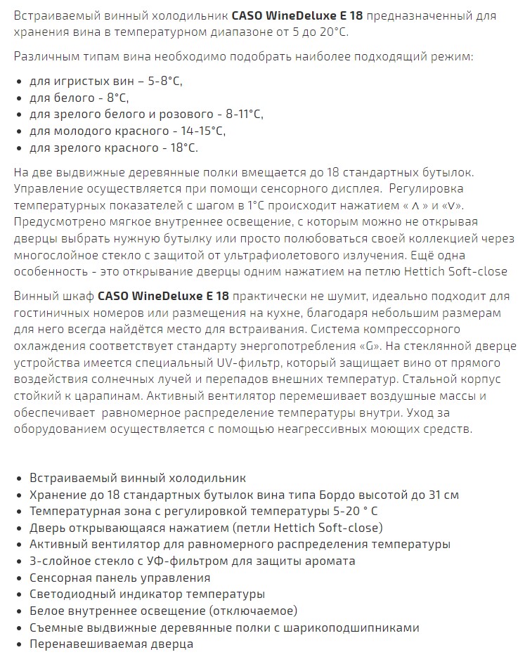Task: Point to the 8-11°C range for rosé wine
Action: (x=240, y=115)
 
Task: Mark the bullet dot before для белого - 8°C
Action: (x=18, y=98)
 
